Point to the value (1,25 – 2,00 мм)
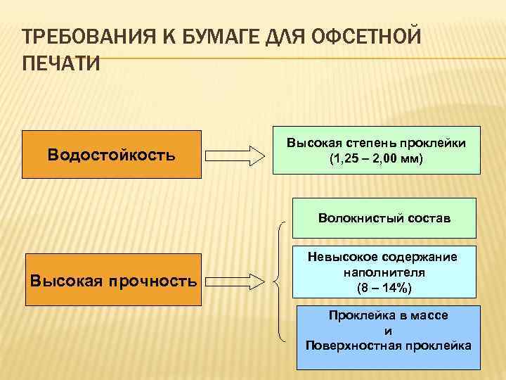pos(376,158)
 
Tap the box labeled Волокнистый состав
pos(384,218)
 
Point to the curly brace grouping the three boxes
pos(283,281)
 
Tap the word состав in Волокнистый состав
pos(426,218)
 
